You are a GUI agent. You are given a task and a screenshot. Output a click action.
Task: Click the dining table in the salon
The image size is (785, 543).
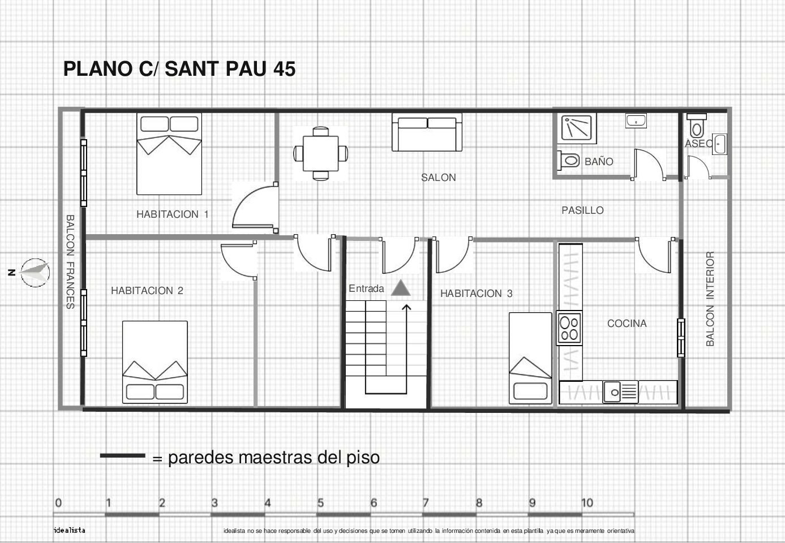(320, 153)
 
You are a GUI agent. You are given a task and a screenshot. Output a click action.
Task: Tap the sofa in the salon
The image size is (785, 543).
(427, 132)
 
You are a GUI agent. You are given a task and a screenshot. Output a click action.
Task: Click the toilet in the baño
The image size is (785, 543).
(568, 161)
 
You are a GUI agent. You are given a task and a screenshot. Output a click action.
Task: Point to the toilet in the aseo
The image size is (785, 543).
(696, 126)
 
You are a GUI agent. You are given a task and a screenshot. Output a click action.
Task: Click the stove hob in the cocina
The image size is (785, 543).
(569, 328)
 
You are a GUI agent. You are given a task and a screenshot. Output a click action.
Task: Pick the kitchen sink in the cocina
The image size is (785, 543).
(620, 392)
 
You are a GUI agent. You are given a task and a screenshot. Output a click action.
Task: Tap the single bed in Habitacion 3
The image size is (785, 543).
(530, 358)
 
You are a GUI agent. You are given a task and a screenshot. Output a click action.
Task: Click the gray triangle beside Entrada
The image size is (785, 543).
(401, 288)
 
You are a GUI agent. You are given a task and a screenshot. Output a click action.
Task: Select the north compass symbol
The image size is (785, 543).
(35, 273)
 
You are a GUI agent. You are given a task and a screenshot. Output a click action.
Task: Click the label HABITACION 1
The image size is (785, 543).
(173, 214)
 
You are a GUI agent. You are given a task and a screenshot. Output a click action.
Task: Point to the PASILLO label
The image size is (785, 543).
(582, 210)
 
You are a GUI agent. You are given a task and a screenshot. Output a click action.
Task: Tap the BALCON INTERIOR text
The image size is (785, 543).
(710, 299)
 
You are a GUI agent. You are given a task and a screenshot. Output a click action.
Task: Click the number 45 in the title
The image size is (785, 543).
(284, 68)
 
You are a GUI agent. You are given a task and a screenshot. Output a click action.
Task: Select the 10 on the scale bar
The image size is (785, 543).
(587, 503)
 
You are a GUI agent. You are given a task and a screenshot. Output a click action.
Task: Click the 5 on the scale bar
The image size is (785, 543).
(320, 503)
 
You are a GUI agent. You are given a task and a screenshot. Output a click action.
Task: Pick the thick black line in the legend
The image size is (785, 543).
(123, 456)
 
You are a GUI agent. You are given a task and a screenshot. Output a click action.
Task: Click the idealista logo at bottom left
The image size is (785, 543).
(70, 531)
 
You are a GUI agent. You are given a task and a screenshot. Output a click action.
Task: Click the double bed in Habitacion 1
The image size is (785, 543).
(169, 154)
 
